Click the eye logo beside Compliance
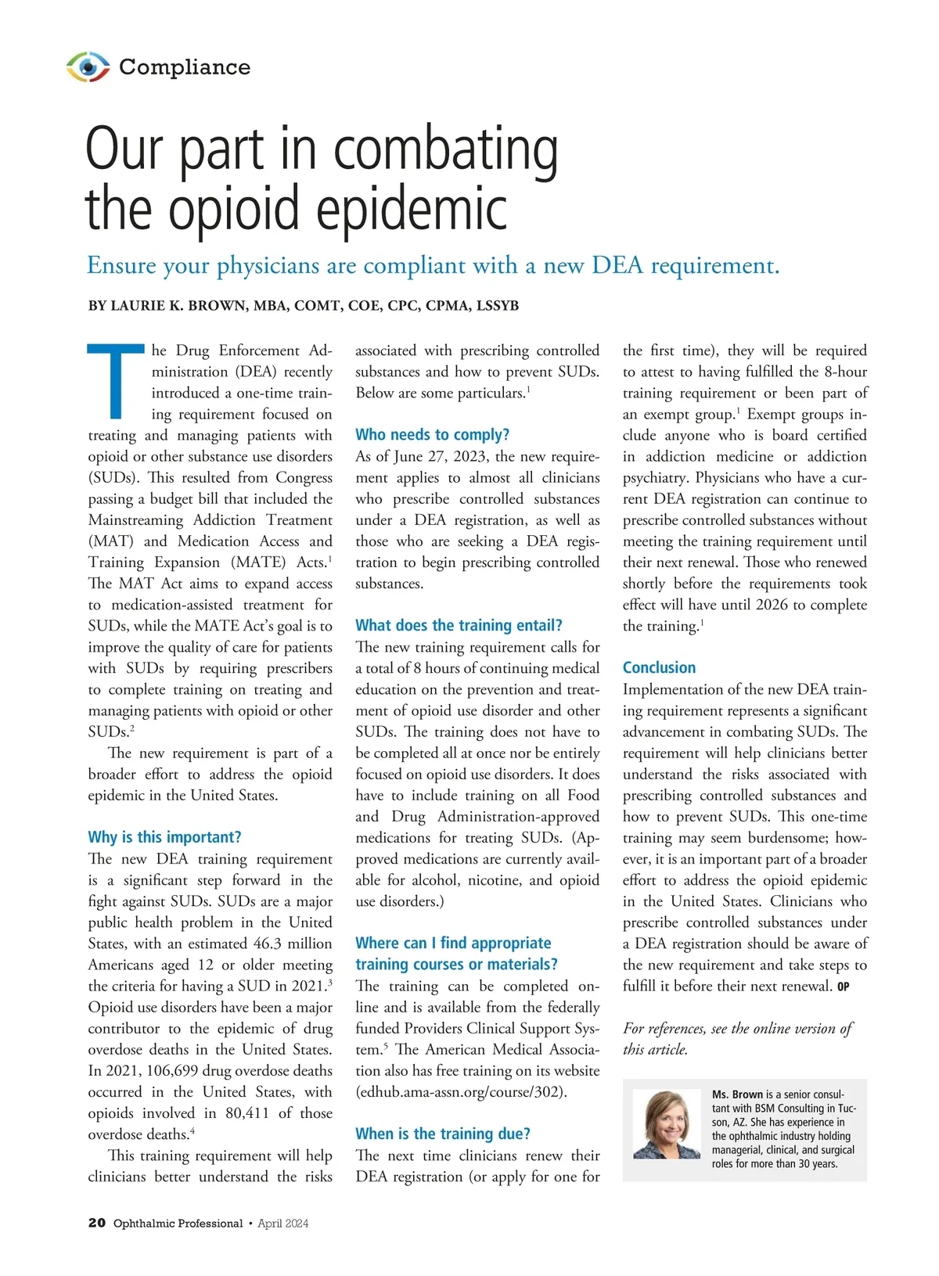(88, 67)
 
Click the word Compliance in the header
(185, 67)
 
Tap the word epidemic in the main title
(412, 209)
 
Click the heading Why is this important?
(164, 837)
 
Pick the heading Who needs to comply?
(432, 435)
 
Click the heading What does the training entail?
(459, 625)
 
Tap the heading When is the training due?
(443, 1134)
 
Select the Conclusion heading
(659, 667)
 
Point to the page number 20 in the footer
(97, 1223)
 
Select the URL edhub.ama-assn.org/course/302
(462, 1091)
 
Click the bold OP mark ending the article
(843, 987)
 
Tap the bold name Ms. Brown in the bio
(737, 1094)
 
